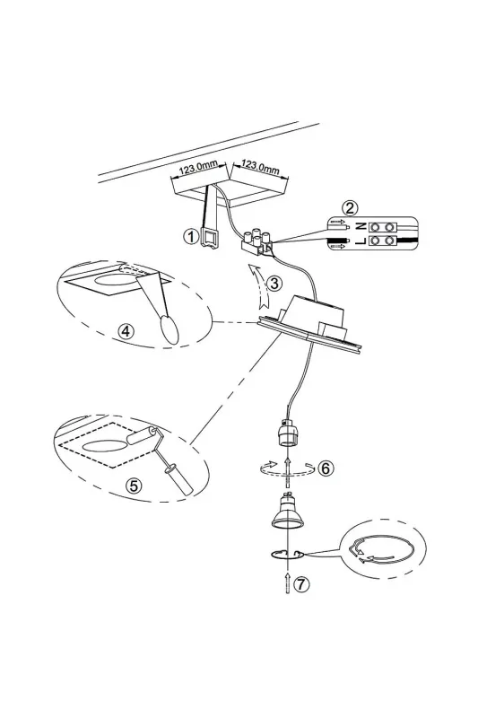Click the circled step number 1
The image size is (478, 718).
[190, 236]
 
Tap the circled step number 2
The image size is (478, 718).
[350, 208]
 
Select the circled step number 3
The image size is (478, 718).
[274, 284]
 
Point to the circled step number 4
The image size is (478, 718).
[126, 330]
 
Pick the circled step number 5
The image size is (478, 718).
[134, 486]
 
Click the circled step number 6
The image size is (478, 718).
[326, 468]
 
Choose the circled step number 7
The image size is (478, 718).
[300, 584]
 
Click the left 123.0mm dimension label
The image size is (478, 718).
[199, 168]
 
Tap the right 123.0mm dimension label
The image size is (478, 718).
[260, 167]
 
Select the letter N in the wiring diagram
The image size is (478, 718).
[361, 226]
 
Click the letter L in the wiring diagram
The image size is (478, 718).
[361, 241]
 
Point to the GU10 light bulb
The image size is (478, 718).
[287, 511]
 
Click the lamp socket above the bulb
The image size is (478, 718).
[287, 433]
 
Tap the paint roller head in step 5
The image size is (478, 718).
[142, 435]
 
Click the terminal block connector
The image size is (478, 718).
[257, 242]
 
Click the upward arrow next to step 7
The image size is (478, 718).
[287, 582]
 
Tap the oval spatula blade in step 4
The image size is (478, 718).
[169, 328]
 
